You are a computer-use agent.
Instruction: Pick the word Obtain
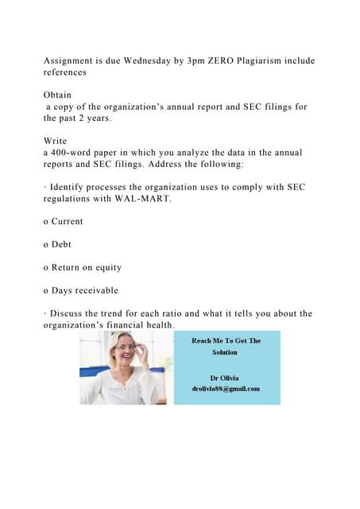pos(58,94)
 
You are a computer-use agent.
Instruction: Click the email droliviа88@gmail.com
pos(226,388)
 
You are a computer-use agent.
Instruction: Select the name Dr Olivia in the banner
pos(226,377)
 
